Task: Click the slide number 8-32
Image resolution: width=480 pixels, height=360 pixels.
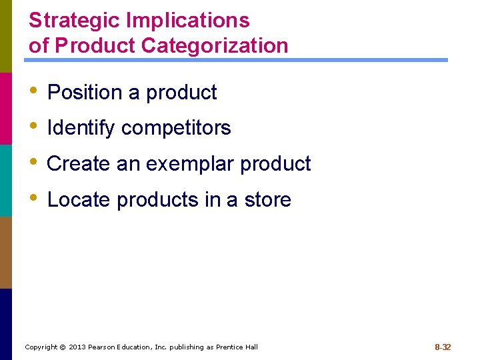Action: click(x=443, y=347)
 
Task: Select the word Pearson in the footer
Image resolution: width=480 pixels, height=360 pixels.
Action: click(x=104, y=347)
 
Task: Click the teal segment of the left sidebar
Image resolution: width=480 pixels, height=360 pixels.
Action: click(x=6, y=180)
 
